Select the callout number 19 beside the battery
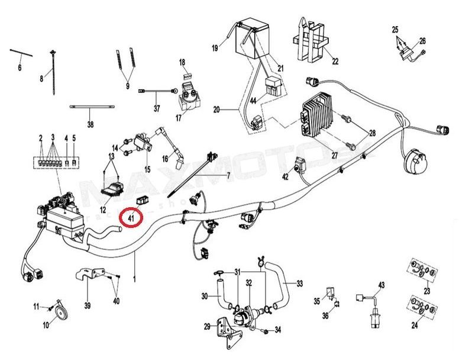[x=215, y=47]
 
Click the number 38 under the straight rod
[x=90, y=124]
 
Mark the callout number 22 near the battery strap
[x=334, y=61]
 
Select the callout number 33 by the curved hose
[x=299, y=284]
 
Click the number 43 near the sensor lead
[x=381, y=285]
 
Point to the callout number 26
[x=422, y=41]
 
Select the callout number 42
[x=285, y=176]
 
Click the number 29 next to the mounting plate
[x=206, y=326]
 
